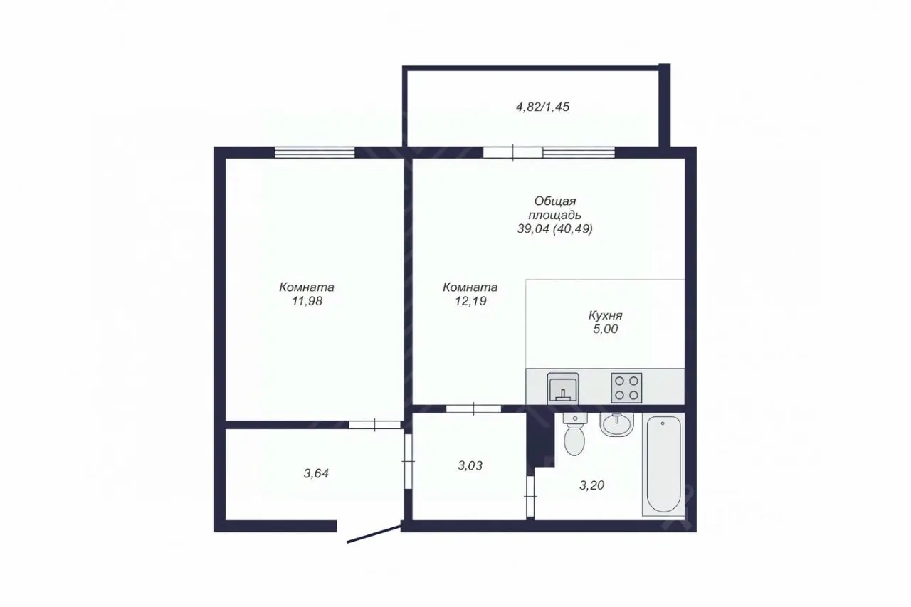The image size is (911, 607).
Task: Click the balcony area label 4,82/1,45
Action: click(x=542, y=107)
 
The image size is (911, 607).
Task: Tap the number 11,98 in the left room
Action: click(x=307, y=301)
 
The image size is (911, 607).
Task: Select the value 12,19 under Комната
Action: click(x=471, y=301)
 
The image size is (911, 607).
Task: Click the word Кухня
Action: click(x=605, y=315)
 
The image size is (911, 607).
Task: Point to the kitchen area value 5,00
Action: click(x=606, y=329)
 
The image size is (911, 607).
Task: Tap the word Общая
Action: click(x=555, y=201)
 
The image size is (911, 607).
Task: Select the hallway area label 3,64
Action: click(x=317, y=473)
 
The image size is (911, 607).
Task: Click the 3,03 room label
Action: click(x=470, y=465)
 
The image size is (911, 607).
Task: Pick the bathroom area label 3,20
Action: click(x=591, y=485)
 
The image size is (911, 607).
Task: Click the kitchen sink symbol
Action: click(x=563, y=387)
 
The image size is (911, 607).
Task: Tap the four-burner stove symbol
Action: click(x=626, y=388)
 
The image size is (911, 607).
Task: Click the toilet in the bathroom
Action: click(x=574, y=433)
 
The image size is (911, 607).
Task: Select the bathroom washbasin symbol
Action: click(x=617, y=424)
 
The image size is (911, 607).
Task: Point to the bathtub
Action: click(x=663, y=464)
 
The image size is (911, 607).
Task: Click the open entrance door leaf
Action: click(x=374, y=534)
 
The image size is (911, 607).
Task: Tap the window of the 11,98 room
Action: click(x=315, y=152)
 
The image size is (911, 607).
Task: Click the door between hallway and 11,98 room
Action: click(x=375, y=425)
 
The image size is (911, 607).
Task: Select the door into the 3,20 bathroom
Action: click(x=530, y=497)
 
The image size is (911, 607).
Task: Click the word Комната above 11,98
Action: click(x=307, y=287)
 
